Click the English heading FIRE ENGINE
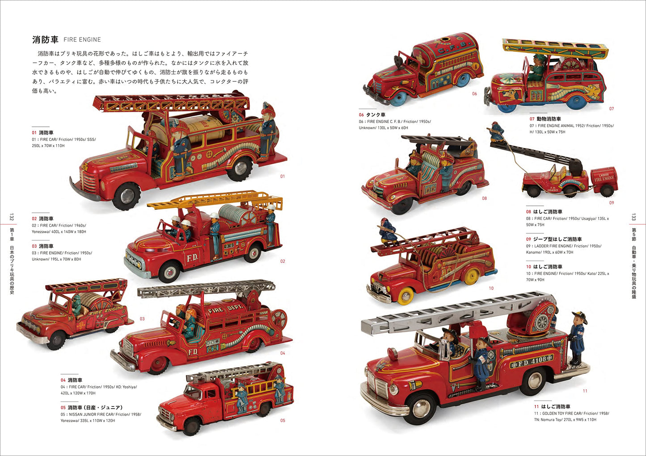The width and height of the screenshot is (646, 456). pyautogui.click(x=82, y=40)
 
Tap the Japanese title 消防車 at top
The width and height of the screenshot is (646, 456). pyautogui.click(x=45, y=39)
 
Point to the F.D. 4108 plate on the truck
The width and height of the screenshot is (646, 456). pyautogui.click(x=532, y=360)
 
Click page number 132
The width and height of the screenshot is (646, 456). pyautogui.click(x=12, y=217)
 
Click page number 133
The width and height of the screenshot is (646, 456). pyautogui.click(x=633, y=217)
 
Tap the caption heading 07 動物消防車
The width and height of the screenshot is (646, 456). pyautogui.click(x=545, y=119)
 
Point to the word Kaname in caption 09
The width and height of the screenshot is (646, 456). pyautogui.click(x=533, y=253)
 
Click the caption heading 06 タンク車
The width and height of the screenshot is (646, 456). pyautogui.click(x=372, y=115)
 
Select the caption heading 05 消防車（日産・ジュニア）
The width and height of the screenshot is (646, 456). pyautogui.click(x=92, y=408)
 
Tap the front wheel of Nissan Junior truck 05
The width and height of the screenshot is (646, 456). pyautogui.click(x=191, y=426)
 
